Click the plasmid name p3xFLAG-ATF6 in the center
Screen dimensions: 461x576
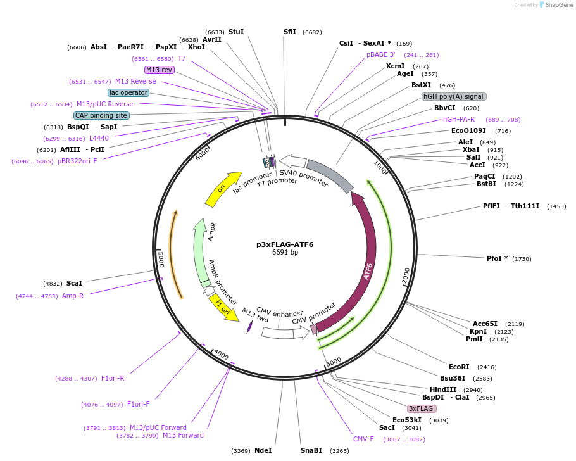click(x=285, y=244)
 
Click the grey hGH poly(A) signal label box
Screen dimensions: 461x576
click(x=454, y=97)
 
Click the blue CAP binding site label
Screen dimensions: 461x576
click(x=101, y=115)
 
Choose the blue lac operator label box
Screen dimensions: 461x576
click(x=128, y=92)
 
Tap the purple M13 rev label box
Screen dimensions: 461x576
click(x=159, y=70)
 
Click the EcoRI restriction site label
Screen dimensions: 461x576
click(x=459, y=367)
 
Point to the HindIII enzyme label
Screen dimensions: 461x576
click(x=443, y=389)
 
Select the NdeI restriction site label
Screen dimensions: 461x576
click(x=263, y=450)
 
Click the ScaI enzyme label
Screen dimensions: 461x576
click(x=74, y=283)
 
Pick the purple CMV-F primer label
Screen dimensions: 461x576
click(x=363, y=439)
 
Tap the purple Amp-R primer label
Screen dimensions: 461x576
click(x=73, y=296)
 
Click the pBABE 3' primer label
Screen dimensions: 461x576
click(x=380, y=55)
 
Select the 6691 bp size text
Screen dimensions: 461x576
click(x=285, y=253)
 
